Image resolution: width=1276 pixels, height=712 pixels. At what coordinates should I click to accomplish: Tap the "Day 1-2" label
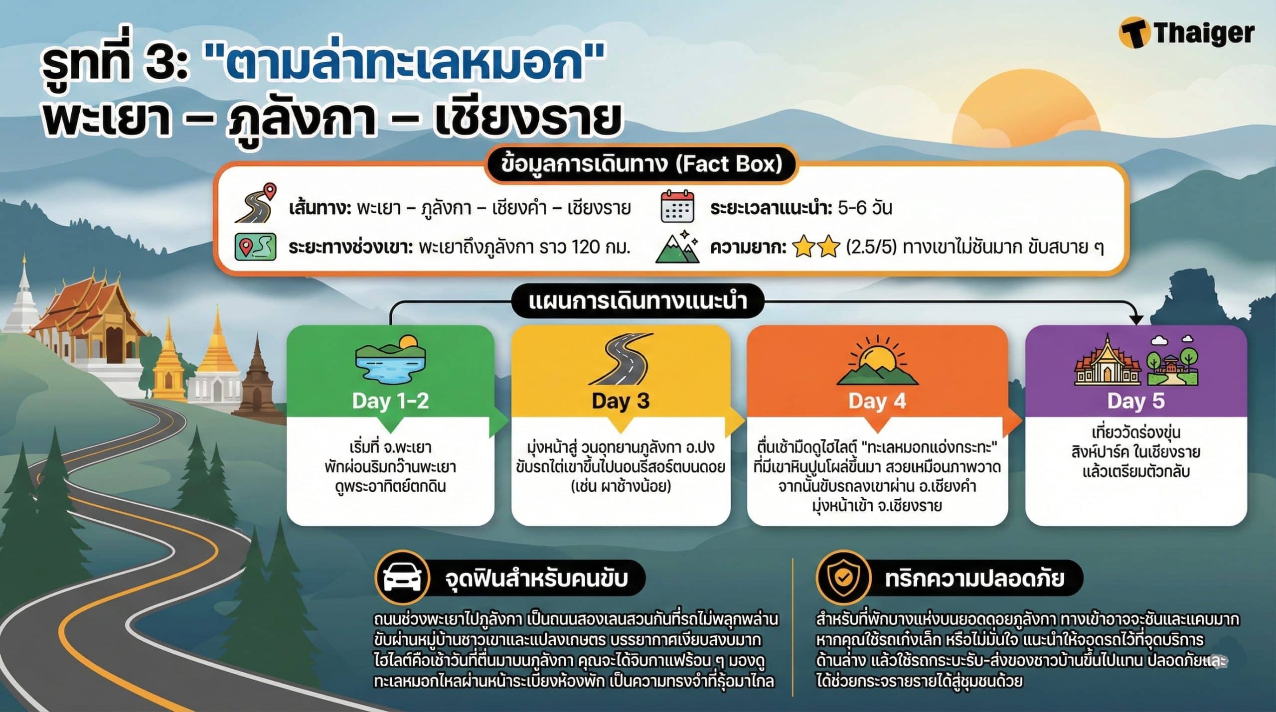(x=390, y=401)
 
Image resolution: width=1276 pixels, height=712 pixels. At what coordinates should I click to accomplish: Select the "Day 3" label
(x=621, y=401)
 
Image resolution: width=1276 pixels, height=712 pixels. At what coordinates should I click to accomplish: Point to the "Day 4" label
(x=877, y=401)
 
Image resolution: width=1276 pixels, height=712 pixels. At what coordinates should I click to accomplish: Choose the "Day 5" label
(x=1136, y=401)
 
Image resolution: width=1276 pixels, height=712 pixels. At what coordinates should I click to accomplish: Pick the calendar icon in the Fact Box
(x=677, y=206)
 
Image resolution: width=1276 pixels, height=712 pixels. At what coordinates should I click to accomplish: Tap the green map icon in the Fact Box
(x=255, y=247)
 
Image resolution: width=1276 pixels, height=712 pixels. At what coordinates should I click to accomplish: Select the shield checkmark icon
(x=843, y=578)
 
